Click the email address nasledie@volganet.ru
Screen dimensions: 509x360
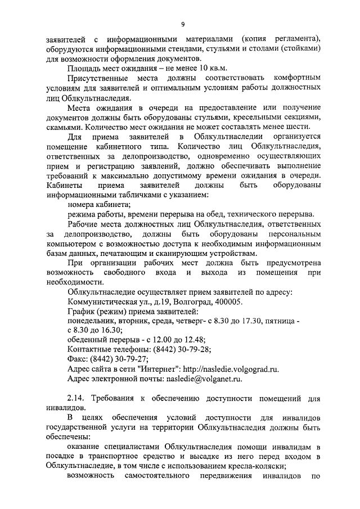click(x=203, y=380)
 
